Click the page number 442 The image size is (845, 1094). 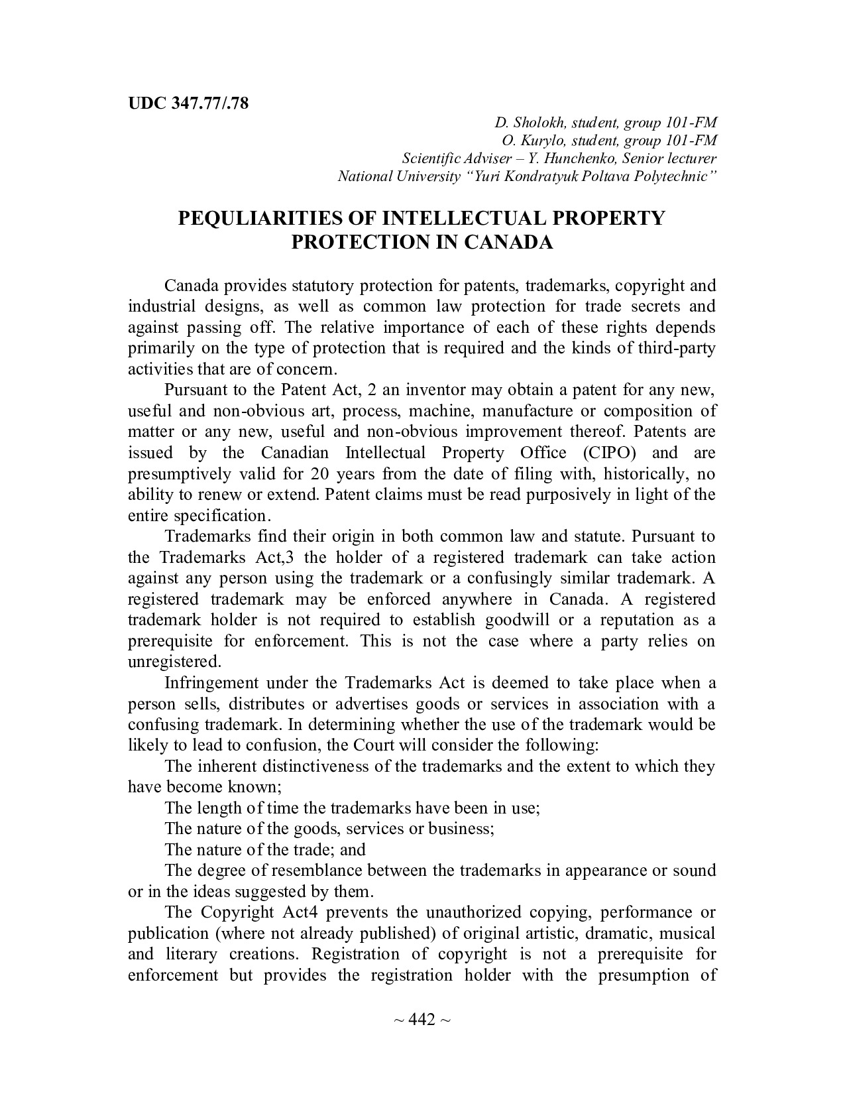click(422, 1019)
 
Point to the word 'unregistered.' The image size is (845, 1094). click(174, 662)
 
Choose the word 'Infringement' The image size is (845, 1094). click(210, 683)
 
